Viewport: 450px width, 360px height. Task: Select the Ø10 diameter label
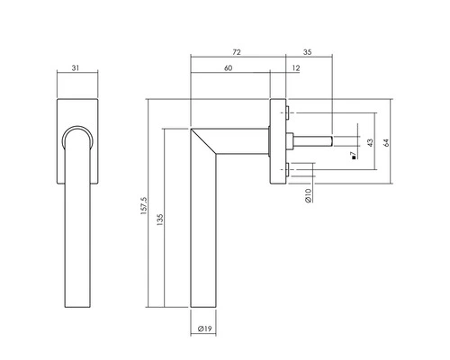(x=308, y=194)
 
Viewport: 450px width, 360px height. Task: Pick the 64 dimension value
(x=388, y=141)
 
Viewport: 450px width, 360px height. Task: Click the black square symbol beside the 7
(x=354, y=161)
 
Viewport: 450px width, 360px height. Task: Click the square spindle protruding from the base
(x=315, y=140)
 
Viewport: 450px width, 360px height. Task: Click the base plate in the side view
(x=277, y=140)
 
